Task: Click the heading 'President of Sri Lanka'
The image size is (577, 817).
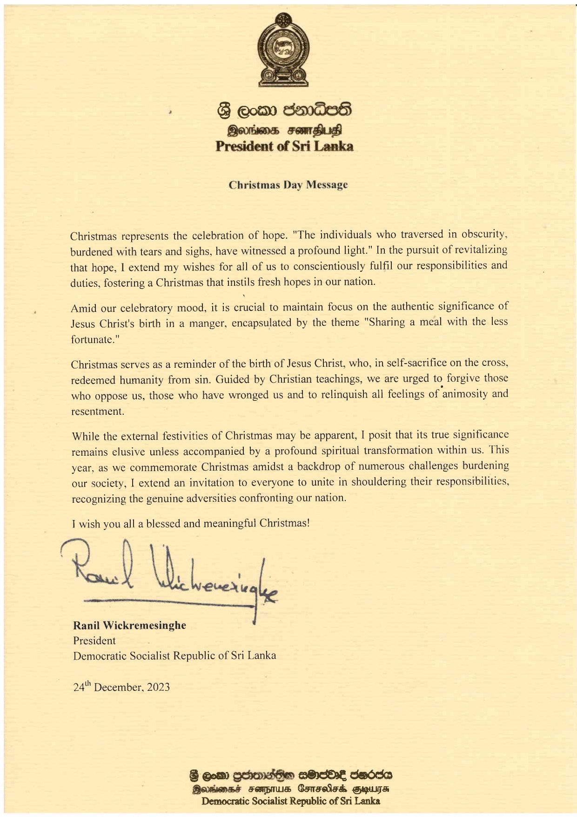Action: click(284, 146)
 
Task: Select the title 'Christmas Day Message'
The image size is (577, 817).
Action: click(288, 185)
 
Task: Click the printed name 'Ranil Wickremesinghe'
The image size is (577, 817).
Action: click(129, 625)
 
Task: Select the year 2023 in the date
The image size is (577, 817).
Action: click(158, 687)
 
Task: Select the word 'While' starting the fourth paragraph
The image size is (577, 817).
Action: click(85, 436)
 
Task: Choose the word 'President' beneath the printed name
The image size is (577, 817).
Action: click(94, 641)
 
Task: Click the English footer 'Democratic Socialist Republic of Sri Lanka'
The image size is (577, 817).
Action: click(290, 801)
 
